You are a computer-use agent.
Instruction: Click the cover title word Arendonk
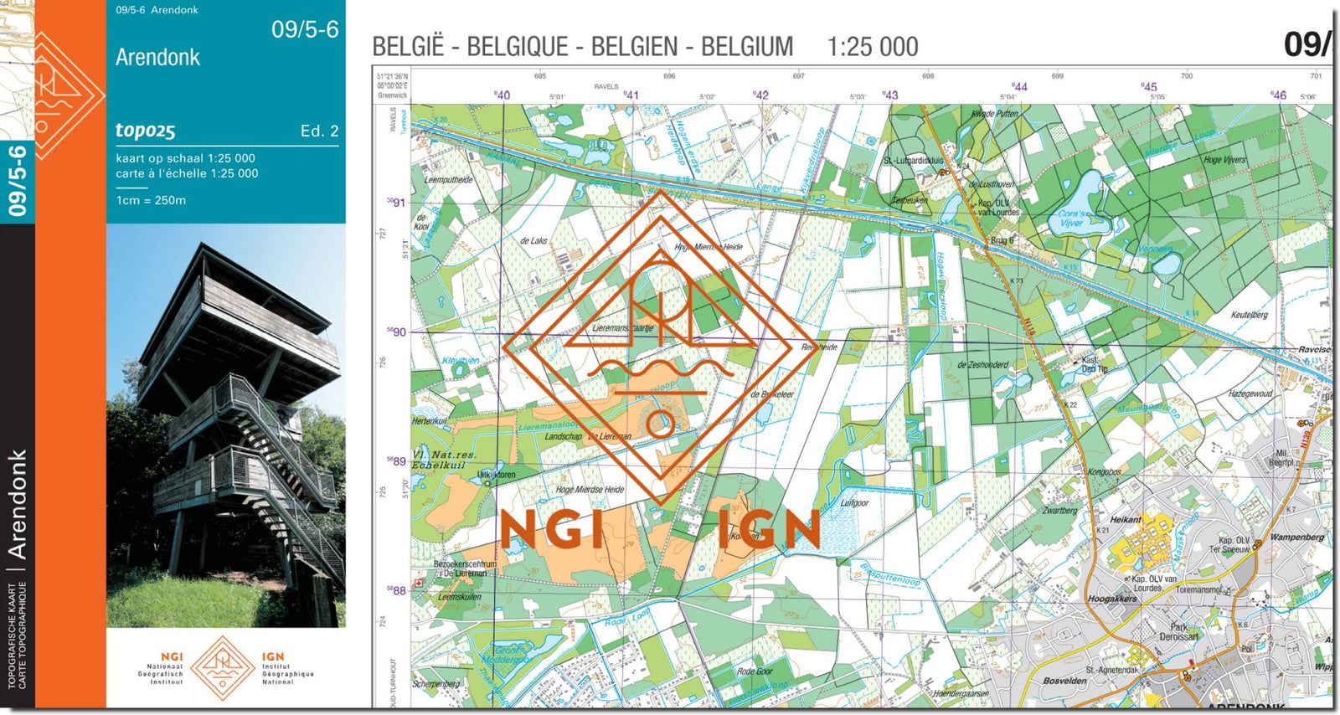[x=157, y=58]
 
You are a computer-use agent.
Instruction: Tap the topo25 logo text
[x=145, y=131]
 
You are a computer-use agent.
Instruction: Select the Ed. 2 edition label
[x=319, y=131]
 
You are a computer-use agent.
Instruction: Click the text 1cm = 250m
[x=151, y=201]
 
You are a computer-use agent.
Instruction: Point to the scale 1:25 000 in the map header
[x=872, y=47]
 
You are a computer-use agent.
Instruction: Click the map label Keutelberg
[x=1249, y=315]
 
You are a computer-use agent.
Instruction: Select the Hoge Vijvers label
[x=1224, y=160]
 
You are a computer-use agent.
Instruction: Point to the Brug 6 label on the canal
[x=1002, y=240]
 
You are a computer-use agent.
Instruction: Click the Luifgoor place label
[x=854, y=503]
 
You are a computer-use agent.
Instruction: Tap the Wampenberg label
[x=1296, y=537]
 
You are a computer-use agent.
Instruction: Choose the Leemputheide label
[x=448, y=180]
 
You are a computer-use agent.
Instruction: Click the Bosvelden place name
[x=1064, y=681]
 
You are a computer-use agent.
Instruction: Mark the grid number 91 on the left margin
[x=398, y=203]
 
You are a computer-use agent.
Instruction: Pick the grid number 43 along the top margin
[x=890, y=95]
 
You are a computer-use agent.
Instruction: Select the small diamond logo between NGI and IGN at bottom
[x=223, y=667]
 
